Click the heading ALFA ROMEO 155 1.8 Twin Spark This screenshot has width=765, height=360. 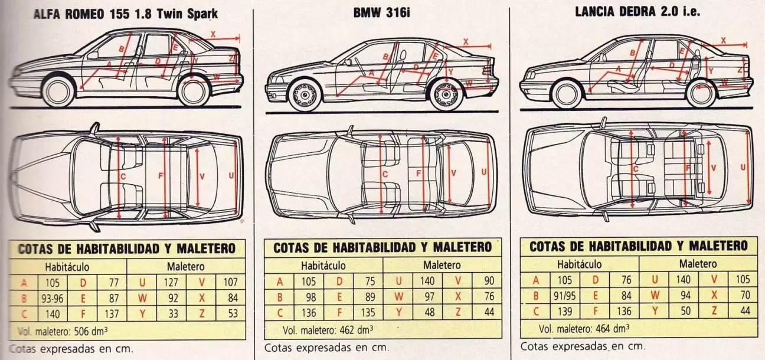click(125, 14)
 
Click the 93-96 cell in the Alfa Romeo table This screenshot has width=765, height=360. click(52, 298)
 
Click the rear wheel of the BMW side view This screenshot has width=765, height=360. click(446, 94)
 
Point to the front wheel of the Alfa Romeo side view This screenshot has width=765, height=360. click(58, 91)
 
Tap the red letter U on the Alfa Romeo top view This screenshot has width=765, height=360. click(230, 175)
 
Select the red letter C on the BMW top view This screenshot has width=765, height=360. click(384, 174)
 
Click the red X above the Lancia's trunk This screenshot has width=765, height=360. click(724, 40)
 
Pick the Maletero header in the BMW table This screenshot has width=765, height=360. click(442, 266)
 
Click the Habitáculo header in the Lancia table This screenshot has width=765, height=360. click(579, 264)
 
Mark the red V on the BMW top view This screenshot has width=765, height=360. click(453, 173)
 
